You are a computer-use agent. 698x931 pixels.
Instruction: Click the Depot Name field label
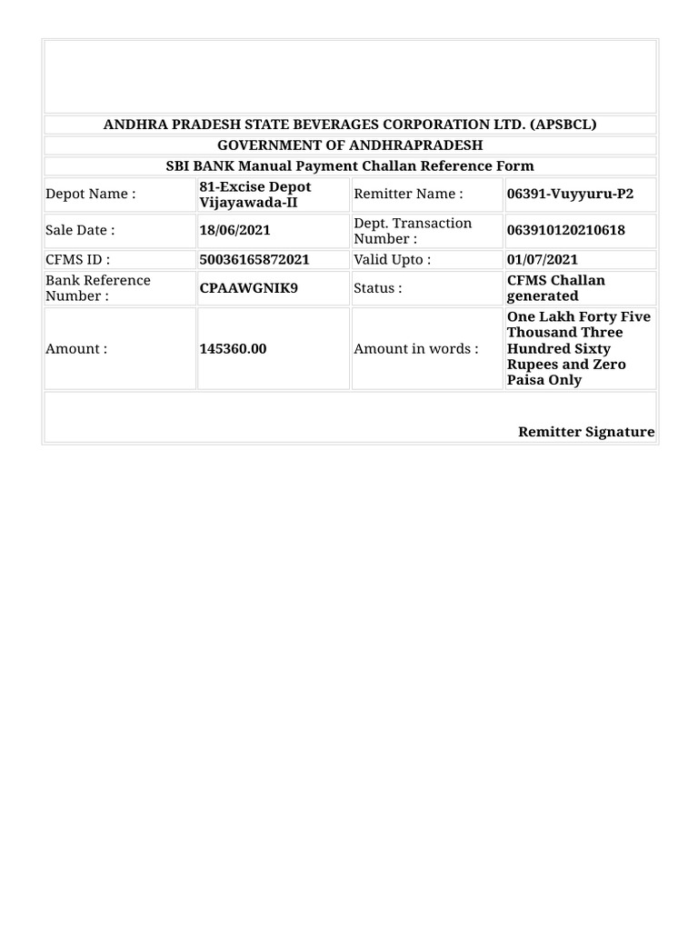(90, 194)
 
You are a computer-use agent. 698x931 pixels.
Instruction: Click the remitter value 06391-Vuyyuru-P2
(570, 194)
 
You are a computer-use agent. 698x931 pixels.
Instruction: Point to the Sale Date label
(80, 230)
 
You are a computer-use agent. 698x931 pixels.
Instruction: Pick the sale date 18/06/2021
(234, 230)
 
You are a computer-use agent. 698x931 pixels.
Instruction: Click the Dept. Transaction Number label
(413, 230)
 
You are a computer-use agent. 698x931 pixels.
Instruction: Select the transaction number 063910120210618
(566, 230)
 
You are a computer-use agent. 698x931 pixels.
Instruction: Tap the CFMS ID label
(77, 259)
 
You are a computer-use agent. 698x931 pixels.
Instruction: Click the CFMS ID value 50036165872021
(254, 259)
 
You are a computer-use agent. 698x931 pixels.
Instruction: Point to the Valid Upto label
(392, 259)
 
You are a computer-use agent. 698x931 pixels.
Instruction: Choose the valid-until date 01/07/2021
(542, 259)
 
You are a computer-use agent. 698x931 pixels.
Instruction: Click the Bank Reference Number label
(98, 287)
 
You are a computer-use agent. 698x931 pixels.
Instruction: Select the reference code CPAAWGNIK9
(248, 288)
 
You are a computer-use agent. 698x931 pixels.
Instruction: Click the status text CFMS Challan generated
(555, 287)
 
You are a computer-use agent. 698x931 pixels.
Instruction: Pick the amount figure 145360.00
(233, 348)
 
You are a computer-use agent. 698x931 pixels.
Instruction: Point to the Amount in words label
(415, 348)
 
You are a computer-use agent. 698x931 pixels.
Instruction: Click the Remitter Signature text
(586, 432)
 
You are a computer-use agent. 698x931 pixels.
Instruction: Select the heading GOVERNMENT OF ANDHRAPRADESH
(350, 145)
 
